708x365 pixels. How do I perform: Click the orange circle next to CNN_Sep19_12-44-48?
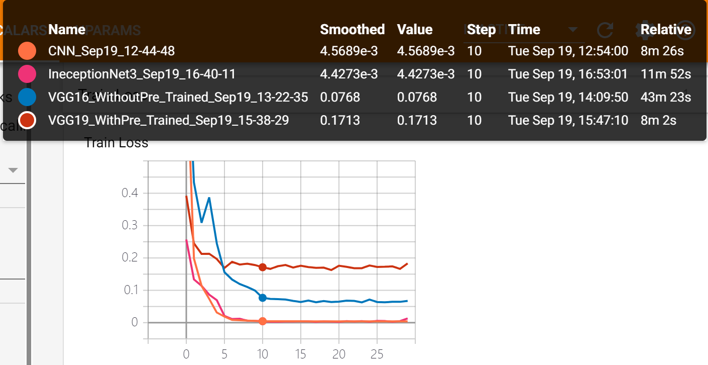click(x=27, y=51)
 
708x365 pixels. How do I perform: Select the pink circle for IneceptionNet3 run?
click(x=27, y=74)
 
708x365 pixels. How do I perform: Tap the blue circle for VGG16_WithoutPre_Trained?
click(x=27, y=98)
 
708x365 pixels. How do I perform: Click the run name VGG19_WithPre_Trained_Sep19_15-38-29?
click(x=168, y=121)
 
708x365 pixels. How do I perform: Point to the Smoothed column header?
click(x=352, y=30)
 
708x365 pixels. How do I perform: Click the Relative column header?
click(x=666, y=30)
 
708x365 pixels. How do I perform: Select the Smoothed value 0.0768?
click(x=340, y=98)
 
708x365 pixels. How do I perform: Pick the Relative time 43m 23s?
click(x=666, y=98)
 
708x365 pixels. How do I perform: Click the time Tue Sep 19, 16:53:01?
click(x=568, y=74)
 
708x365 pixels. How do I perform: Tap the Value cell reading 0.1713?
click(x=417, y=121)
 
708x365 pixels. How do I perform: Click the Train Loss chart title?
click(x=116, y=143)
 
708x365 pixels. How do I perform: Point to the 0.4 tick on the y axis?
click(x=130, y=194)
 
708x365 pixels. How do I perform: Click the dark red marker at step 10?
click(x=262, y=267)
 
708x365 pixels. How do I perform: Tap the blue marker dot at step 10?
click(x=262, y=298)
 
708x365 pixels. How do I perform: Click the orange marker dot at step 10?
click(x=262, y=321)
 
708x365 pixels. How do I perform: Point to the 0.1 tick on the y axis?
click(x=130, y=291)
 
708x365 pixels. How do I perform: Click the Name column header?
click(x=67, y=30)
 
